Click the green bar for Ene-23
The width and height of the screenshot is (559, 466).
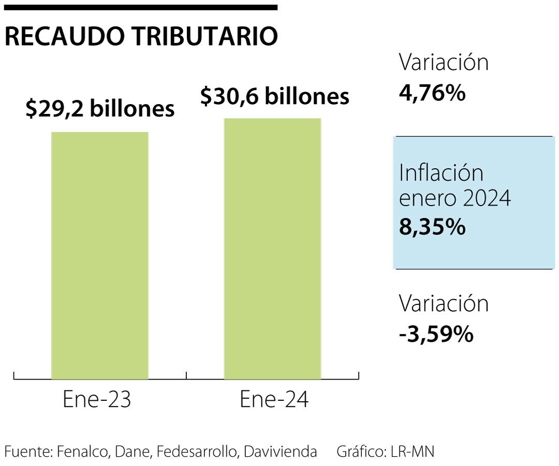(x=100, y=256)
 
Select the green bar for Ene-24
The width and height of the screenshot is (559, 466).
(x=272, y=249)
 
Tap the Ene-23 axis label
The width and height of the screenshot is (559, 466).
(x=97, y=400)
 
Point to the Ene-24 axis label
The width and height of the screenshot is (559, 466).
(x=274, y=400)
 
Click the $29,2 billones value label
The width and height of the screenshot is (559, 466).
(x=100, y=109)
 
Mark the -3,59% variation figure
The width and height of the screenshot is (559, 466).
(x=436, y=334)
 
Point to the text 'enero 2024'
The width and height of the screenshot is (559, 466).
(x=454, y=199)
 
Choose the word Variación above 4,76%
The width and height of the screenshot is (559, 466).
(x=444, y=63)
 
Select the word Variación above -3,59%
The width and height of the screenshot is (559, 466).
(x=444, y=303)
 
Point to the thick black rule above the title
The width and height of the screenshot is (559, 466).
(x=141, y=7)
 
